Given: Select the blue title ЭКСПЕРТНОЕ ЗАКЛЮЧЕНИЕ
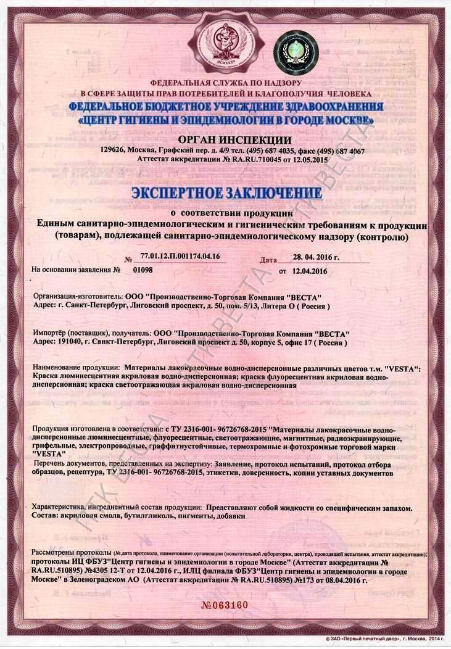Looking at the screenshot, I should (x=226, y=192).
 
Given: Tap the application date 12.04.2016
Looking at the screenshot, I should (x=310, y=271).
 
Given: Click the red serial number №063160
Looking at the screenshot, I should (x=226, y=604).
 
